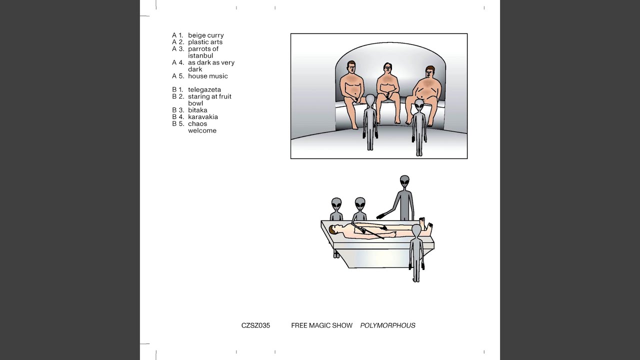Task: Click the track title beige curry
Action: point(205,35)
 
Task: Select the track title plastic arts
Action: point(205,42)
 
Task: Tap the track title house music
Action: point(207,76)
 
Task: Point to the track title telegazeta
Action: point(204,89)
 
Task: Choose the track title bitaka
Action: point(197,110)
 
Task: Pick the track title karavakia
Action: point(203,117)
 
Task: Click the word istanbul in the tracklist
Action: point(200,55)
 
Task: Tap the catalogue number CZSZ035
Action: point(255,325)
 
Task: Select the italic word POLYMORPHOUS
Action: point(387,325)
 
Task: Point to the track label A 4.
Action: point(178,62)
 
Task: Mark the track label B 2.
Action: point(178,96)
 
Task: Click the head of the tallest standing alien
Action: point(404,181)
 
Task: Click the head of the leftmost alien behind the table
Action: point(336,204)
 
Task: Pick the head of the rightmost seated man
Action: point(429,72)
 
